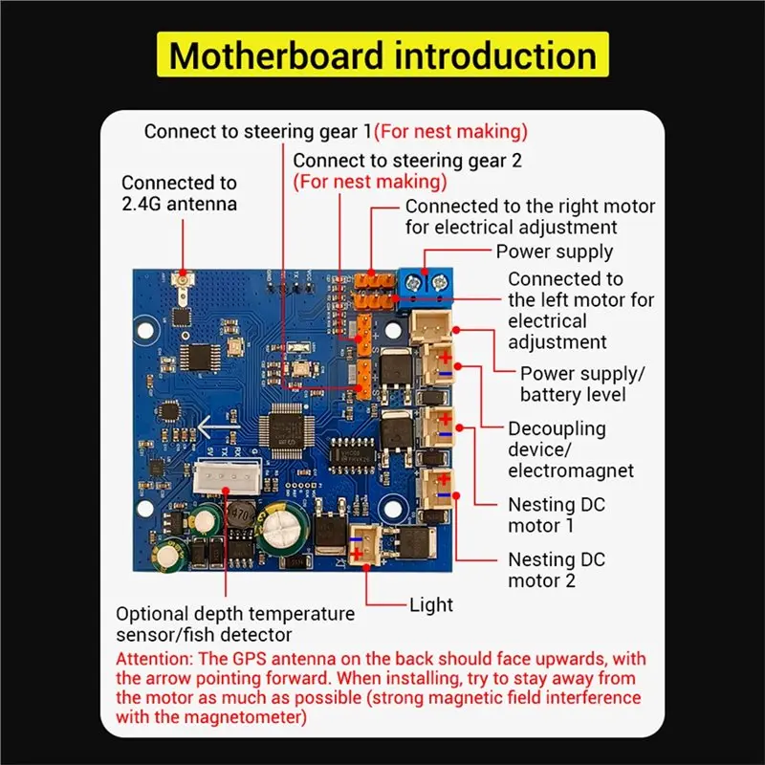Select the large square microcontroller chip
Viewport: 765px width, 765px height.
[x=289, y=426]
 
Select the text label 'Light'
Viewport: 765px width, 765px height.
[x=430, y=604]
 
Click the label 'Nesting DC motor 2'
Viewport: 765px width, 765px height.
[x=557, y=570]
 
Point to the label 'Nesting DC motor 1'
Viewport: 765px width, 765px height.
[x=557, y=514]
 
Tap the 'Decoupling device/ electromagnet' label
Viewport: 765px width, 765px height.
[x=571, y=449]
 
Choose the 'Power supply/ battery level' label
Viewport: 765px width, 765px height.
[x=583, y=383]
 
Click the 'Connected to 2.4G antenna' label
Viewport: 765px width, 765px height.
[x=180, y=192]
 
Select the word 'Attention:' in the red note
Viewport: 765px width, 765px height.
[x=157, y=660]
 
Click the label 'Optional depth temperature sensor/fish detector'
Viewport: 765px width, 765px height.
[x=235, y=623]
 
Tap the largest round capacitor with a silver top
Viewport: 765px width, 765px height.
[x=286, y=528]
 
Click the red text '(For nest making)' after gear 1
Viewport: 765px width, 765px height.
[x=450, y=131]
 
